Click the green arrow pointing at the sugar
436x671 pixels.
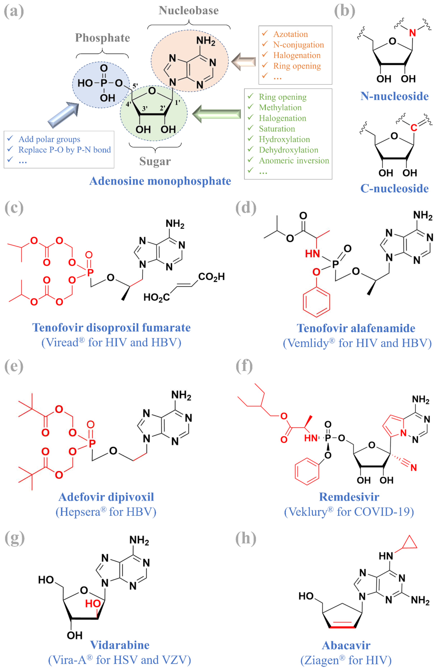point(217,114)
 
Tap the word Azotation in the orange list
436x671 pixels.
point(290,34)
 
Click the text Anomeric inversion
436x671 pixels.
point(294,160)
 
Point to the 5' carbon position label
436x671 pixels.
point(135,86)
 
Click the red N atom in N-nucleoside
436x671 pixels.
point(412,33)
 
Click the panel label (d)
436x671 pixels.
point(246,208)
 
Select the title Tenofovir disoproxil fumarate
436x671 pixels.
point(112,328)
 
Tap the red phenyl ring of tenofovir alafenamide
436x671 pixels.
point(316,302)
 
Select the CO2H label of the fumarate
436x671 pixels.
point(211,277)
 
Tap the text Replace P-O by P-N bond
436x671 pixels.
point(64,150)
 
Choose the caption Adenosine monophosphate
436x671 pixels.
point(160,181)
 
